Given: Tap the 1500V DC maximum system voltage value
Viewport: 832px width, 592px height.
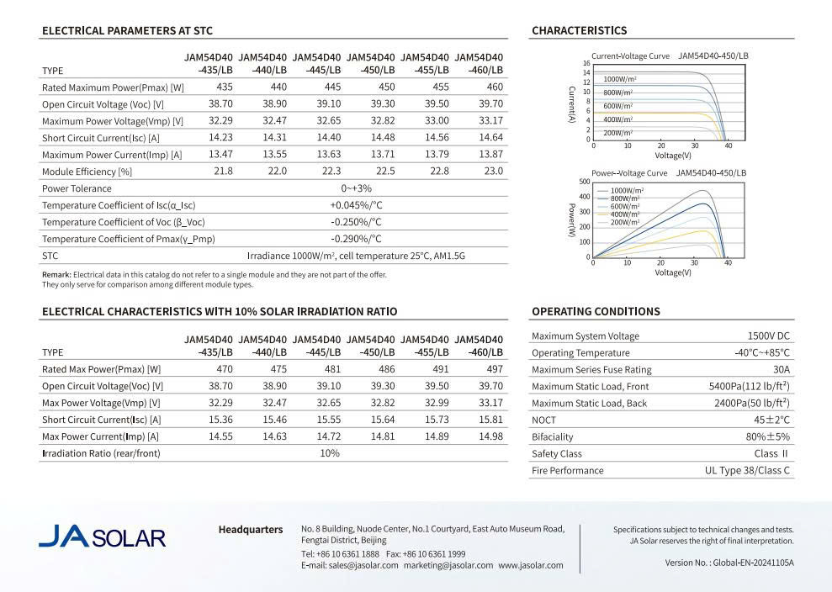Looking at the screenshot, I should [x=762, y=336].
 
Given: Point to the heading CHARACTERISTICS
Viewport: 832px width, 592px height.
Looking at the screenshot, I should [x=579, y=31].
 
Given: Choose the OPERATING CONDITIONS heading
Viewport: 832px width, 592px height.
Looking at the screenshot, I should [x=596, y=312].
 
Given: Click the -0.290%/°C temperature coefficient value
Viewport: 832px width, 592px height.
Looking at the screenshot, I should [x=356, y=239].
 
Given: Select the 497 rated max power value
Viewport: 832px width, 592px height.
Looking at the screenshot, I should [x=494, y=369].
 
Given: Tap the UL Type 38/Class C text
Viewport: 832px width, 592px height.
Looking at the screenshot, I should [x=747, y=471].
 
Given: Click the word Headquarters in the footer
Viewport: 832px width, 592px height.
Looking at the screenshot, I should [x=251, y=530].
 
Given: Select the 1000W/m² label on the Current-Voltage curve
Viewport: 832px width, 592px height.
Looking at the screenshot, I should [x=619, y=78].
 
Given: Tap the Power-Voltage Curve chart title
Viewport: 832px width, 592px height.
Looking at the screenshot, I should [x=629, y=173].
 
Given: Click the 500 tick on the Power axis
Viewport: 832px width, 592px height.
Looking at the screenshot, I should [x=585, y=182].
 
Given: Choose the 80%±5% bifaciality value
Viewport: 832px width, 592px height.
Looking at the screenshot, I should [x=767, y=437].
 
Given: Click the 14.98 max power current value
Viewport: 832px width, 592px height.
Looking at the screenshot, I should [x=491, y=436].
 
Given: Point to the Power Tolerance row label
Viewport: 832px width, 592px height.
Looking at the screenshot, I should [x=77, y=189].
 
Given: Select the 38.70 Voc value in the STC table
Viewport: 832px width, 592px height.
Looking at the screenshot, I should [x=220, y=104].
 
